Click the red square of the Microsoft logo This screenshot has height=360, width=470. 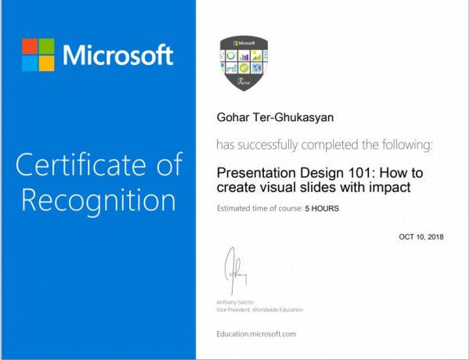[30, 46]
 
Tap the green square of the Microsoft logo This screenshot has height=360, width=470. [47, 46]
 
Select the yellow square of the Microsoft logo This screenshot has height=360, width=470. [47, 63]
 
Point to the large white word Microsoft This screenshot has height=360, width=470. [117, 55]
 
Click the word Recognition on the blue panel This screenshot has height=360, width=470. [99, 200]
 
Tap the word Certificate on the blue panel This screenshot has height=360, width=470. [81, 164]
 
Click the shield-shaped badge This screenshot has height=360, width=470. [244, 63]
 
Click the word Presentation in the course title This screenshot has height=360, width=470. [257, 173]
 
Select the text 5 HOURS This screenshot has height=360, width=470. [322, 208]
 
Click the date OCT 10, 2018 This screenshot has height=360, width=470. [421, 237]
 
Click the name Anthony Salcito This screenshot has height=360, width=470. [235, 302]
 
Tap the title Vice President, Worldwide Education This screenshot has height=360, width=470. [259, 310]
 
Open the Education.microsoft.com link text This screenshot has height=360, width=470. [256, 334]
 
